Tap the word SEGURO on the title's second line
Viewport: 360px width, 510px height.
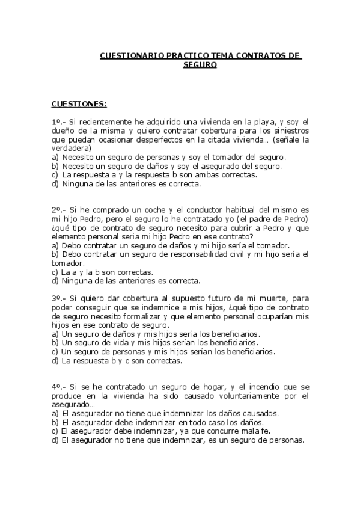[200, 64]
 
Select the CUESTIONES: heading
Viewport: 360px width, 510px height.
[79, 104]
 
